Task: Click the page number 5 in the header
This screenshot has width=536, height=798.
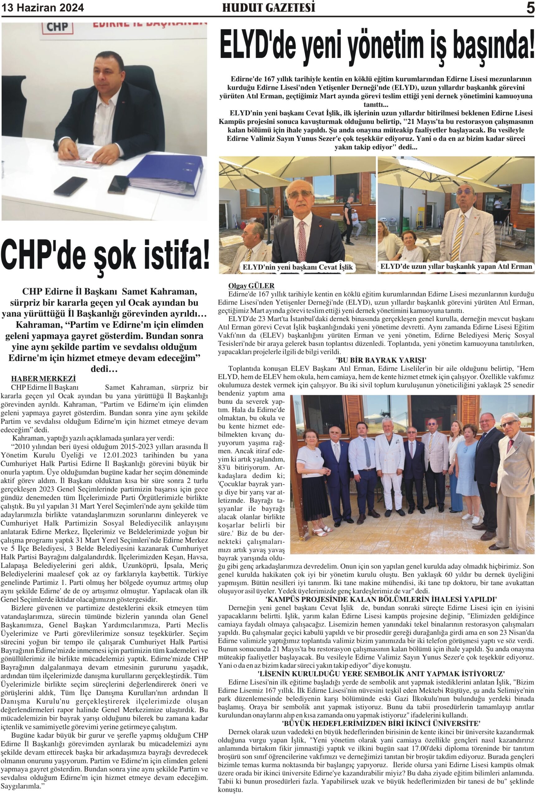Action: pos(530,8)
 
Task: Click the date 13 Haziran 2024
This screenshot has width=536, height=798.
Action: pos(43,7)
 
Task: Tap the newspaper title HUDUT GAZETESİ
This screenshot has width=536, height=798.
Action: pos(268,7)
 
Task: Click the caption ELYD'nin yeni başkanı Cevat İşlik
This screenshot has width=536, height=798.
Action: pos(297,267)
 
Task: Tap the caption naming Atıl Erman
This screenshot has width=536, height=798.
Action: pos(456,266)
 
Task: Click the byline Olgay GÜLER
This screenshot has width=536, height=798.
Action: pos(251,286)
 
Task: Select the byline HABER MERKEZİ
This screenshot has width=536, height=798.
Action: pos(43,379)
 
